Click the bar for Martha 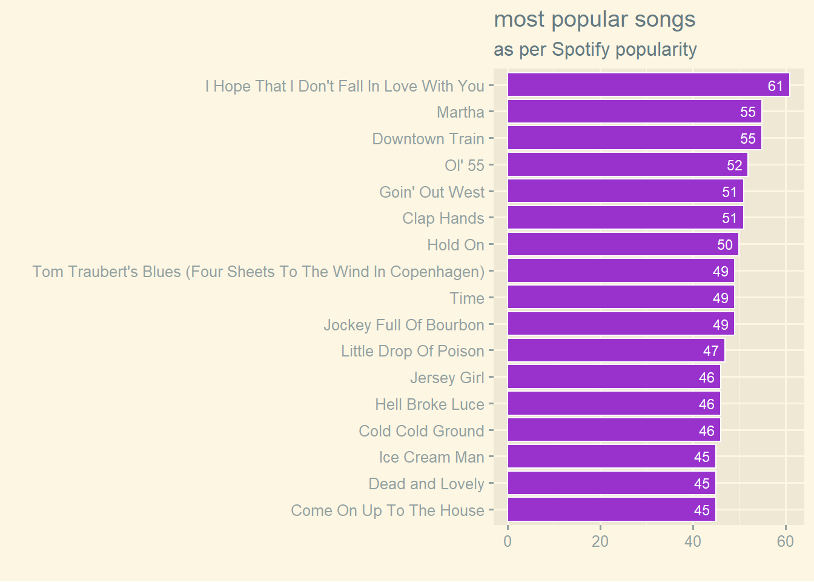pos(634,112)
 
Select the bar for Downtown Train pos(634,139)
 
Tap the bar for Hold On pos(623,245)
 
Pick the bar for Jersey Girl pos(614,378)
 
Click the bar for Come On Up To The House pos(611,510)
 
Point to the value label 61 pos(775,86)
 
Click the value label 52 pos(734,166)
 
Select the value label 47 pos(710,351)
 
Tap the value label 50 pos(724,245)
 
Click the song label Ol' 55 pos(465,166)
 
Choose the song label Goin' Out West pos(432,192)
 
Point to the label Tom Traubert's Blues pos(259,272)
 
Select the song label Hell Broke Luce pos(429,404)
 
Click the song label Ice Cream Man pos(431,457)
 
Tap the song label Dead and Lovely pos(426,484)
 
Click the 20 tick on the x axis pos(600,541)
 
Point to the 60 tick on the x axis pos(786,541)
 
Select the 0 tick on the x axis pos(508,541)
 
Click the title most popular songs pos(595,20)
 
